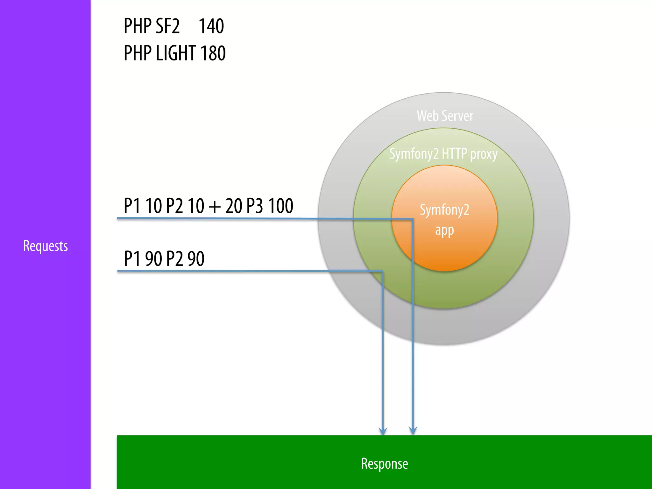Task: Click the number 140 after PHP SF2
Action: pos(211,26)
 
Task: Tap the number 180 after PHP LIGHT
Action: pos(213,53)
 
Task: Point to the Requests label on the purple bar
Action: pos(46,246)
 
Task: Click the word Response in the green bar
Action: pos(384,464)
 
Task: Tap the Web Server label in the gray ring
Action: pos(445,116)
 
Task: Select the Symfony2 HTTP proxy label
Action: pos(443,154)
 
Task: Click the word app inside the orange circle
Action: pos(444,230)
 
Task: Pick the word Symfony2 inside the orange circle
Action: pos(444,210)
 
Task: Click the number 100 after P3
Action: pos(280,206)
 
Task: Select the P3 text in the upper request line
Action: pos(255,206)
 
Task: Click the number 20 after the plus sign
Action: pos(234,206)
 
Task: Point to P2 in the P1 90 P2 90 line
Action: pos(174,259)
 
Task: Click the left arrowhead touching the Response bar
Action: pos(383,431)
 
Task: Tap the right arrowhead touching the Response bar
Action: pos(413,431)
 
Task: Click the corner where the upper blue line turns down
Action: pos(413,219)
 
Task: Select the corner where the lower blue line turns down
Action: pos(382,271)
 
